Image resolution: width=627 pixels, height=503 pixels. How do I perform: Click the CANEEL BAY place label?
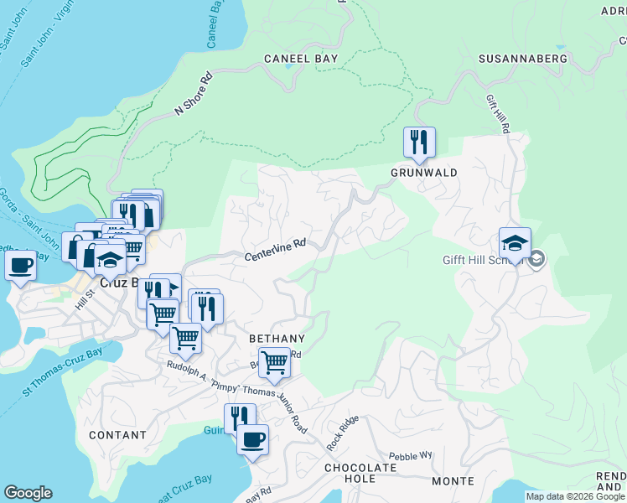click(x=300, y=59)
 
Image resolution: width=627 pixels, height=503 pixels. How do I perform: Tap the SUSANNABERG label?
click(x=522, y=59)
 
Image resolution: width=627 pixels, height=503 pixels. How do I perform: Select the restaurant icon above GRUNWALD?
click(x=419, y=142)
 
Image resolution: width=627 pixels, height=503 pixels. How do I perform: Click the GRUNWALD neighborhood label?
click(x=423, y=173)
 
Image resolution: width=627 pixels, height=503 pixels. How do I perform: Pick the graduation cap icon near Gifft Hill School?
click(x=515, y=243)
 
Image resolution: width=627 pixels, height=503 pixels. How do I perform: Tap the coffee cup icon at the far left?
click(x=21, y=266)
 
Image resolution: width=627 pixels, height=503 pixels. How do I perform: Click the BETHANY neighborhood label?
click(x=277, y=338)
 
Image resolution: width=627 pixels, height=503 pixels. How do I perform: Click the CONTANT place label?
click(x=117, y=435)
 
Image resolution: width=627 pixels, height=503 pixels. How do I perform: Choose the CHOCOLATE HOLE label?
click(x=361, y=473)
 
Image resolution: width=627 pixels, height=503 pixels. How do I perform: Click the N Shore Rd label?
click(x=194, y=93)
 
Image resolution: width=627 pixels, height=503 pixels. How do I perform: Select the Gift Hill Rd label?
click(x=498, y=114)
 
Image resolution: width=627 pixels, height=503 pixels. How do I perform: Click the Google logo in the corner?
click(x=28, y=493)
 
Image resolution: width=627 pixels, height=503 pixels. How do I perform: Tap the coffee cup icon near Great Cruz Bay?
click(x=252, y=438)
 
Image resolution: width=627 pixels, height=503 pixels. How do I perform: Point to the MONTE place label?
click(x=453, y=481)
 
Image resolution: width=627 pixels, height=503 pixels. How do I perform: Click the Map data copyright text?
click(x=576, y=497)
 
